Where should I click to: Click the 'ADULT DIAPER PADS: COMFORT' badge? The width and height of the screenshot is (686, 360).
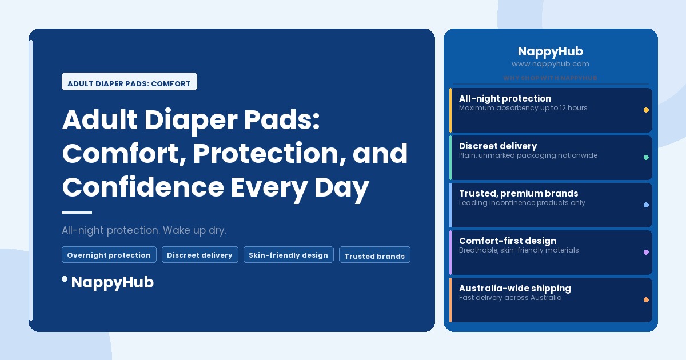pos(129,83)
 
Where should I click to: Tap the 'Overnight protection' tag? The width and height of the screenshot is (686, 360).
pos(109,255)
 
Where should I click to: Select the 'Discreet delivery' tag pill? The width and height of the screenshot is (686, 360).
pos(200,255)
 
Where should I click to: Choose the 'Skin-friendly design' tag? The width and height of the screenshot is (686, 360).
pos(288,255)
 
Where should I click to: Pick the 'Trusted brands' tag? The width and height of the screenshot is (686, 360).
pos(374,256)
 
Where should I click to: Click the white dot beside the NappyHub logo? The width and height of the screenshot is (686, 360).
pos(65,279)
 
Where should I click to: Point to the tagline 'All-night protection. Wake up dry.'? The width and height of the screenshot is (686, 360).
pos(144,230)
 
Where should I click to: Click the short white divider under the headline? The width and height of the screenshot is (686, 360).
pos(77,213)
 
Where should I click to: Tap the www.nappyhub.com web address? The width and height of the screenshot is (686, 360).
pos(550,64)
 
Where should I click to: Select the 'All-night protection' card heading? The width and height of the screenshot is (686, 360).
pos(505,98)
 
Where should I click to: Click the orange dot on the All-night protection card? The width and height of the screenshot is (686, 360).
pos(646,110)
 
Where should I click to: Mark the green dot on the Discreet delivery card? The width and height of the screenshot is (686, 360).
pos(646,157)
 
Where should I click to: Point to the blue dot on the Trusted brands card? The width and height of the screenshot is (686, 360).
pos(646,205)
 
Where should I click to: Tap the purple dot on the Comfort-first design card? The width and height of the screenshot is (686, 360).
pos(646,252)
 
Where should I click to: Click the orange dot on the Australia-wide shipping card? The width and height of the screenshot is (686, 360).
pos(646,299)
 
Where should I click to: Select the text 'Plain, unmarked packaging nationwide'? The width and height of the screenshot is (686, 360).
pos(528,155)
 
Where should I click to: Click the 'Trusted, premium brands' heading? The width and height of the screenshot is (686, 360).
pos(519,193)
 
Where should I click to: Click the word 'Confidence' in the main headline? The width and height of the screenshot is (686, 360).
pos(143,187)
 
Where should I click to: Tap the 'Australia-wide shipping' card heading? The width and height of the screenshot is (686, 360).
pos(514,288)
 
